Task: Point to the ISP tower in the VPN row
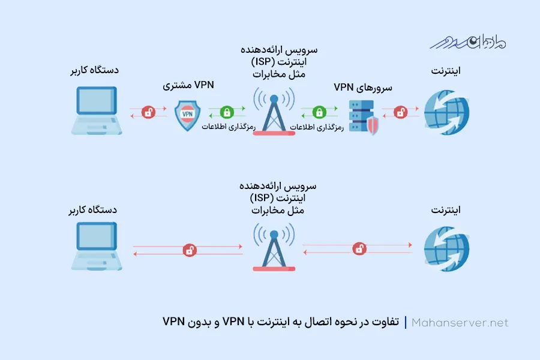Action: coord(274,111)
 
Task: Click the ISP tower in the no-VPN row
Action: coord(274,247)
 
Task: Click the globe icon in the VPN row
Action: coord(446,113)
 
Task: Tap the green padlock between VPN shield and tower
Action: coord(226,112)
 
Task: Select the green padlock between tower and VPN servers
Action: coord(320,112)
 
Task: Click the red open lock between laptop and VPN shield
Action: coord(148,112)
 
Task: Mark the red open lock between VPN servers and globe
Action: coord(400,112)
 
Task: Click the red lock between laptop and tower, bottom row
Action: coord(189,250)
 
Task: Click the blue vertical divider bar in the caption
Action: coord(406,323)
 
